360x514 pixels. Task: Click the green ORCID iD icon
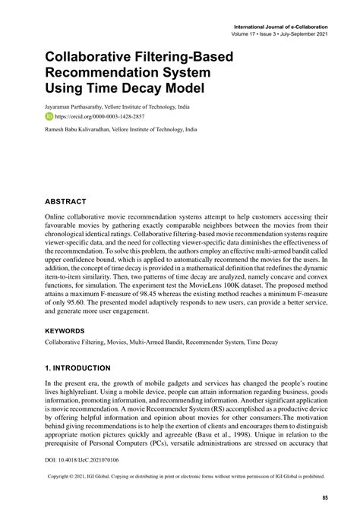[50, 118]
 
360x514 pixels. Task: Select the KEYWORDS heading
[71, 331]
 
